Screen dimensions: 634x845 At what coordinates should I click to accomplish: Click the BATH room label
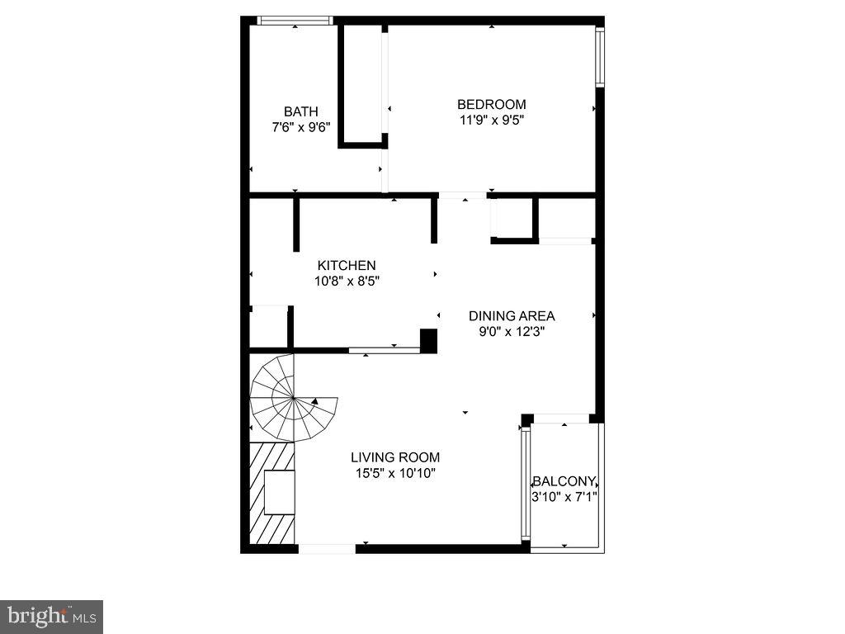pos(301,111)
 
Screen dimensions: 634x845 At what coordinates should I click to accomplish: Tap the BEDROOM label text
pos(492,104)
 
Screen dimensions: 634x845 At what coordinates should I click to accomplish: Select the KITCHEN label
pos(347,265)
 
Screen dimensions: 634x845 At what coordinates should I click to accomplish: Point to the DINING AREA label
pos(512,315)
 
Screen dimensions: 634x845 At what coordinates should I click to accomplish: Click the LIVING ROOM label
pos(395,457)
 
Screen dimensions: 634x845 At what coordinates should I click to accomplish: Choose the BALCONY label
pos(564,481)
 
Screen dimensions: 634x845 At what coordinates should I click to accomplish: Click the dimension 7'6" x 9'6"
pos(301,128)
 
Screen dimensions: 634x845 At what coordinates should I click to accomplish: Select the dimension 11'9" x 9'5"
pos(492,120)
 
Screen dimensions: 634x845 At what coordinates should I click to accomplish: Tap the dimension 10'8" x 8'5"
pos(347,281)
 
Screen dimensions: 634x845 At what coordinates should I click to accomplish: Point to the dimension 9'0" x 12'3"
pos(512,332)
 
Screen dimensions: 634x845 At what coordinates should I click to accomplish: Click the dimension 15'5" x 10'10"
pos(395,473)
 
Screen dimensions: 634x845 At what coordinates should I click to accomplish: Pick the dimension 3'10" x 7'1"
pos(564,497)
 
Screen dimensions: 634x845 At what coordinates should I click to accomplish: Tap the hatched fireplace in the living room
pos(272,494)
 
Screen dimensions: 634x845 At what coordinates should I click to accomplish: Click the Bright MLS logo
pos(51,616)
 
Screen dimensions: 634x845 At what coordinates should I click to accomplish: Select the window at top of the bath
pos(295,21)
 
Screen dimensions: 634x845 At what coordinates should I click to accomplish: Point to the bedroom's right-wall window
pos(600,57)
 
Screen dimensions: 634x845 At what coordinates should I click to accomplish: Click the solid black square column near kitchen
pos(428,341)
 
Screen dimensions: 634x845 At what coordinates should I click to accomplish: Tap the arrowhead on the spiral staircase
pos(315,402)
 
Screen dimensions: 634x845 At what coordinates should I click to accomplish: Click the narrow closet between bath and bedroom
pos(361,83)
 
